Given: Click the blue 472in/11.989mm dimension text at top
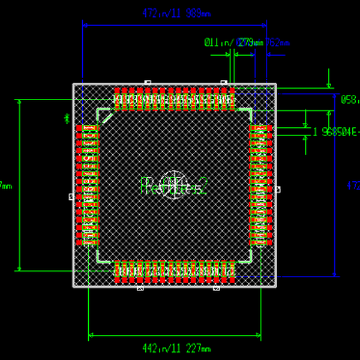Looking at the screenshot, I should click(x=176, y=13).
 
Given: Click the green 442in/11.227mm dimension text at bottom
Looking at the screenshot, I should click(x=176, y=347).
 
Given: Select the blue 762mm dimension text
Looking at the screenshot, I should click(x=278, y=43).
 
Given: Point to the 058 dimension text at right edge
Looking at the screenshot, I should click(x=350, y=100).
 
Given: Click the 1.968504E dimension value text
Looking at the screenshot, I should click(x=336, y=132).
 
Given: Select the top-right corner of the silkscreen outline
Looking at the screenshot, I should click(x=251, y=110).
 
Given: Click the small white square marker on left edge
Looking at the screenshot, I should click(x=71, y=196).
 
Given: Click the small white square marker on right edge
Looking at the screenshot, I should click(x=278, y=190).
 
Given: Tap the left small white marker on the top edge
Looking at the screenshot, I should click(x=147, y=82).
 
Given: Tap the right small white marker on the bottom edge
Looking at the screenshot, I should click(x=216, y=289).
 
